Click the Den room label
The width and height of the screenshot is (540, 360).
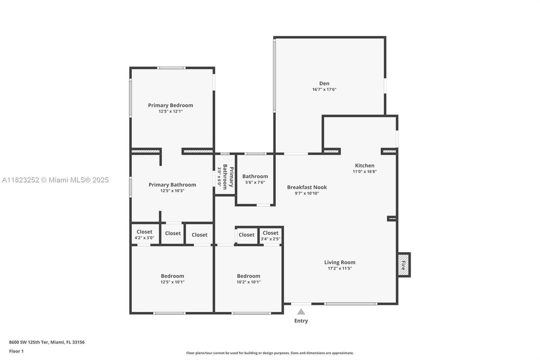click(x=324, y=83)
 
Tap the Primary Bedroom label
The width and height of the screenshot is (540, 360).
click(x=170, y=105)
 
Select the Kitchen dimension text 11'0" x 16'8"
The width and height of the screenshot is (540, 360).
click(x=365, y=171)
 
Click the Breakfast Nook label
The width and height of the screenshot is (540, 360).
click(x=307, y=187)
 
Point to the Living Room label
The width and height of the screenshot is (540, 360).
click(x=340, y=262)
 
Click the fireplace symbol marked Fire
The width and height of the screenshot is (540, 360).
click(x=403, y=264)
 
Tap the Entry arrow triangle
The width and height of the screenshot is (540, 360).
click(x=301, y=311)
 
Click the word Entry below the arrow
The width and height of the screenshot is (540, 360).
click(x=301, y=321)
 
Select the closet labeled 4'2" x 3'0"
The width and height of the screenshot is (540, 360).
click(x=144, y=234)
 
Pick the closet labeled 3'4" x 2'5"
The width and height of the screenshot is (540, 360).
click(x=270, y=235)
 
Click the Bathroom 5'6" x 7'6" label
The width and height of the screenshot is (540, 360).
click(x=255, y=179)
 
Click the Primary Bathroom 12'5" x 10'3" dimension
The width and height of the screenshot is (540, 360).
click(x=172, y=190)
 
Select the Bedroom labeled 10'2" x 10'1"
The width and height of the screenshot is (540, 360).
click(x=248, y=278)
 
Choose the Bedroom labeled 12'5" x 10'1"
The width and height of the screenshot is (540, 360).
click(x=172, y=278)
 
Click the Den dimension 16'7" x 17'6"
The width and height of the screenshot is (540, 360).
click(x=324, y=89)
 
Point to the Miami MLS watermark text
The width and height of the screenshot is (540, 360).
click(x=55, y=180)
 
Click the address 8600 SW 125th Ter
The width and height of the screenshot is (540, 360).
click(x=46, y=342)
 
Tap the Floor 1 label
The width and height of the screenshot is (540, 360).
click(x=16, y=351)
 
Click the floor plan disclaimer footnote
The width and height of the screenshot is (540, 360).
click(x=270, y=353)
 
